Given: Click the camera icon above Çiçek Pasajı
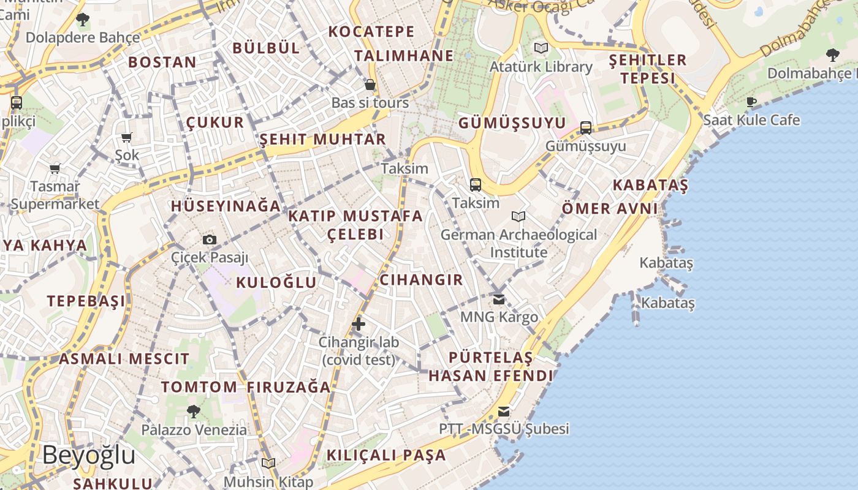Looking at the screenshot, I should [x=210, y=239].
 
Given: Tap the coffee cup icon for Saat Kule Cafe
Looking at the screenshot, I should [x=751, y=102].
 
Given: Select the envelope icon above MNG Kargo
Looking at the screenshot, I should [x=499, y=300].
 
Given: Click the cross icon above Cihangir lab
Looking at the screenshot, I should [x=359, y=324].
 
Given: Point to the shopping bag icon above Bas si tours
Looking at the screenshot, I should [x=370, y=85].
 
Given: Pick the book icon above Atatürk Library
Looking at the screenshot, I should [x=541, y=48].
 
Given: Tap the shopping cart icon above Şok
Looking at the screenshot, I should [x=127, y=138].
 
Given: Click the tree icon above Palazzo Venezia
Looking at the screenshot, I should [x=194, y=411].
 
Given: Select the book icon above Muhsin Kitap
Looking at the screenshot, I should [x=268, y=463].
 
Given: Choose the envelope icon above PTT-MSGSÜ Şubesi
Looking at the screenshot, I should [x=504, y=411].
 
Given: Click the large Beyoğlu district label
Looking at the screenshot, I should [x=89, y=456].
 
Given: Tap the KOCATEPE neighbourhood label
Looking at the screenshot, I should [x=371, y=31].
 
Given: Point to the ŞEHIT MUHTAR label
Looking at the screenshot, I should [x=323, y=139].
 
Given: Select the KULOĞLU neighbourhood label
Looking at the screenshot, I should [x=276, y=282].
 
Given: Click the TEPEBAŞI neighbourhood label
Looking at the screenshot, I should [x=86, y=301].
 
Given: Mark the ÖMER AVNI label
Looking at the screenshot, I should [x=610, y=208].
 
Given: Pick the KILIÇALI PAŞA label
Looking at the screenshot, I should [x=386, y=455].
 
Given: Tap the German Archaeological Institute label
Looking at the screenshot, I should [x=518, y=243].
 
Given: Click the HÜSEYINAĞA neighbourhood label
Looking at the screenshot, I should [x=226, y=206].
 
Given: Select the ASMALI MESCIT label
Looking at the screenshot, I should [x=124, y=359].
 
